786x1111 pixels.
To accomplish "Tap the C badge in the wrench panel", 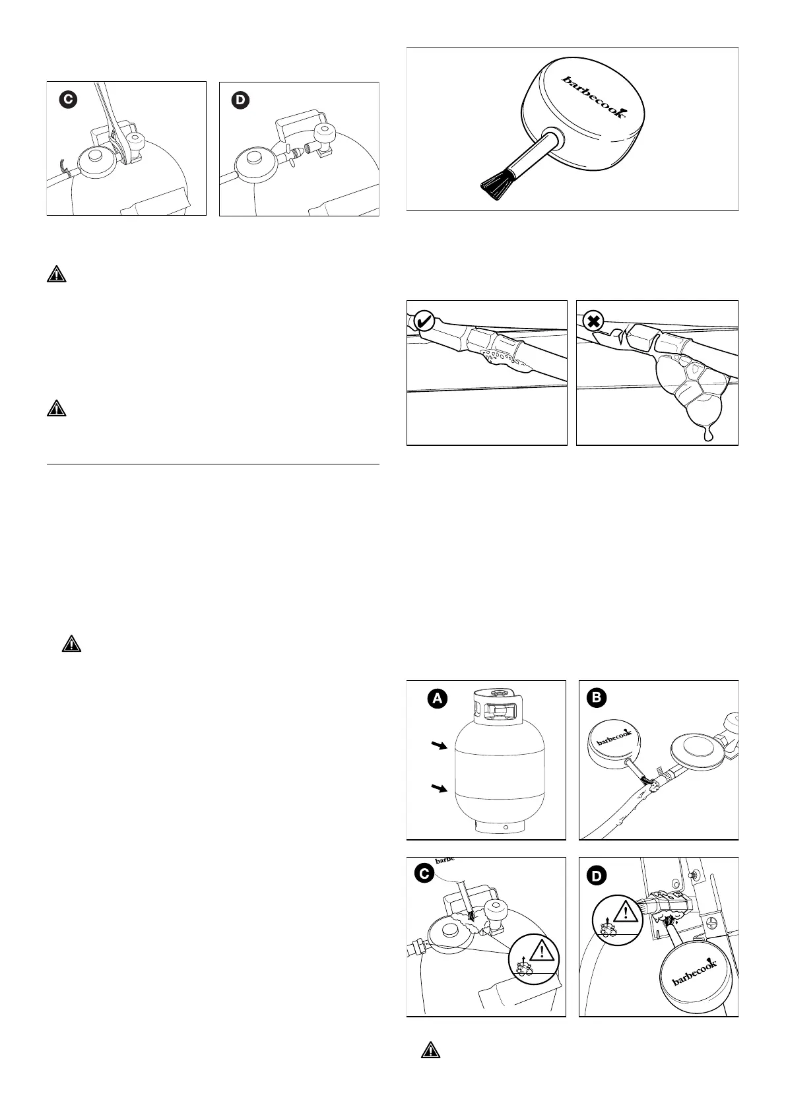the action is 67,100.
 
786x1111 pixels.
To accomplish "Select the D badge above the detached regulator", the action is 241,100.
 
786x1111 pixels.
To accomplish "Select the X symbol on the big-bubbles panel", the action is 593,321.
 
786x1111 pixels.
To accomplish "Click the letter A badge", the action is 437,699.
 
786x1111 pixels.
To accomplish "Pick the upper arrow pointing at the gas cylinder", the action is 439,746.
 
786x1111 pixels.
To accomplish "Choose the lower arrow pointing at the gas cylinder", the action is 439,788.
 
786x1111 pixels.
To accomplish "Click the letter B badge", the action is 597,699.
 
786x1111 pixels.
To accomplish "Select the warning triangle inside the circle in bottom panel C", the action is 542,951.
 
